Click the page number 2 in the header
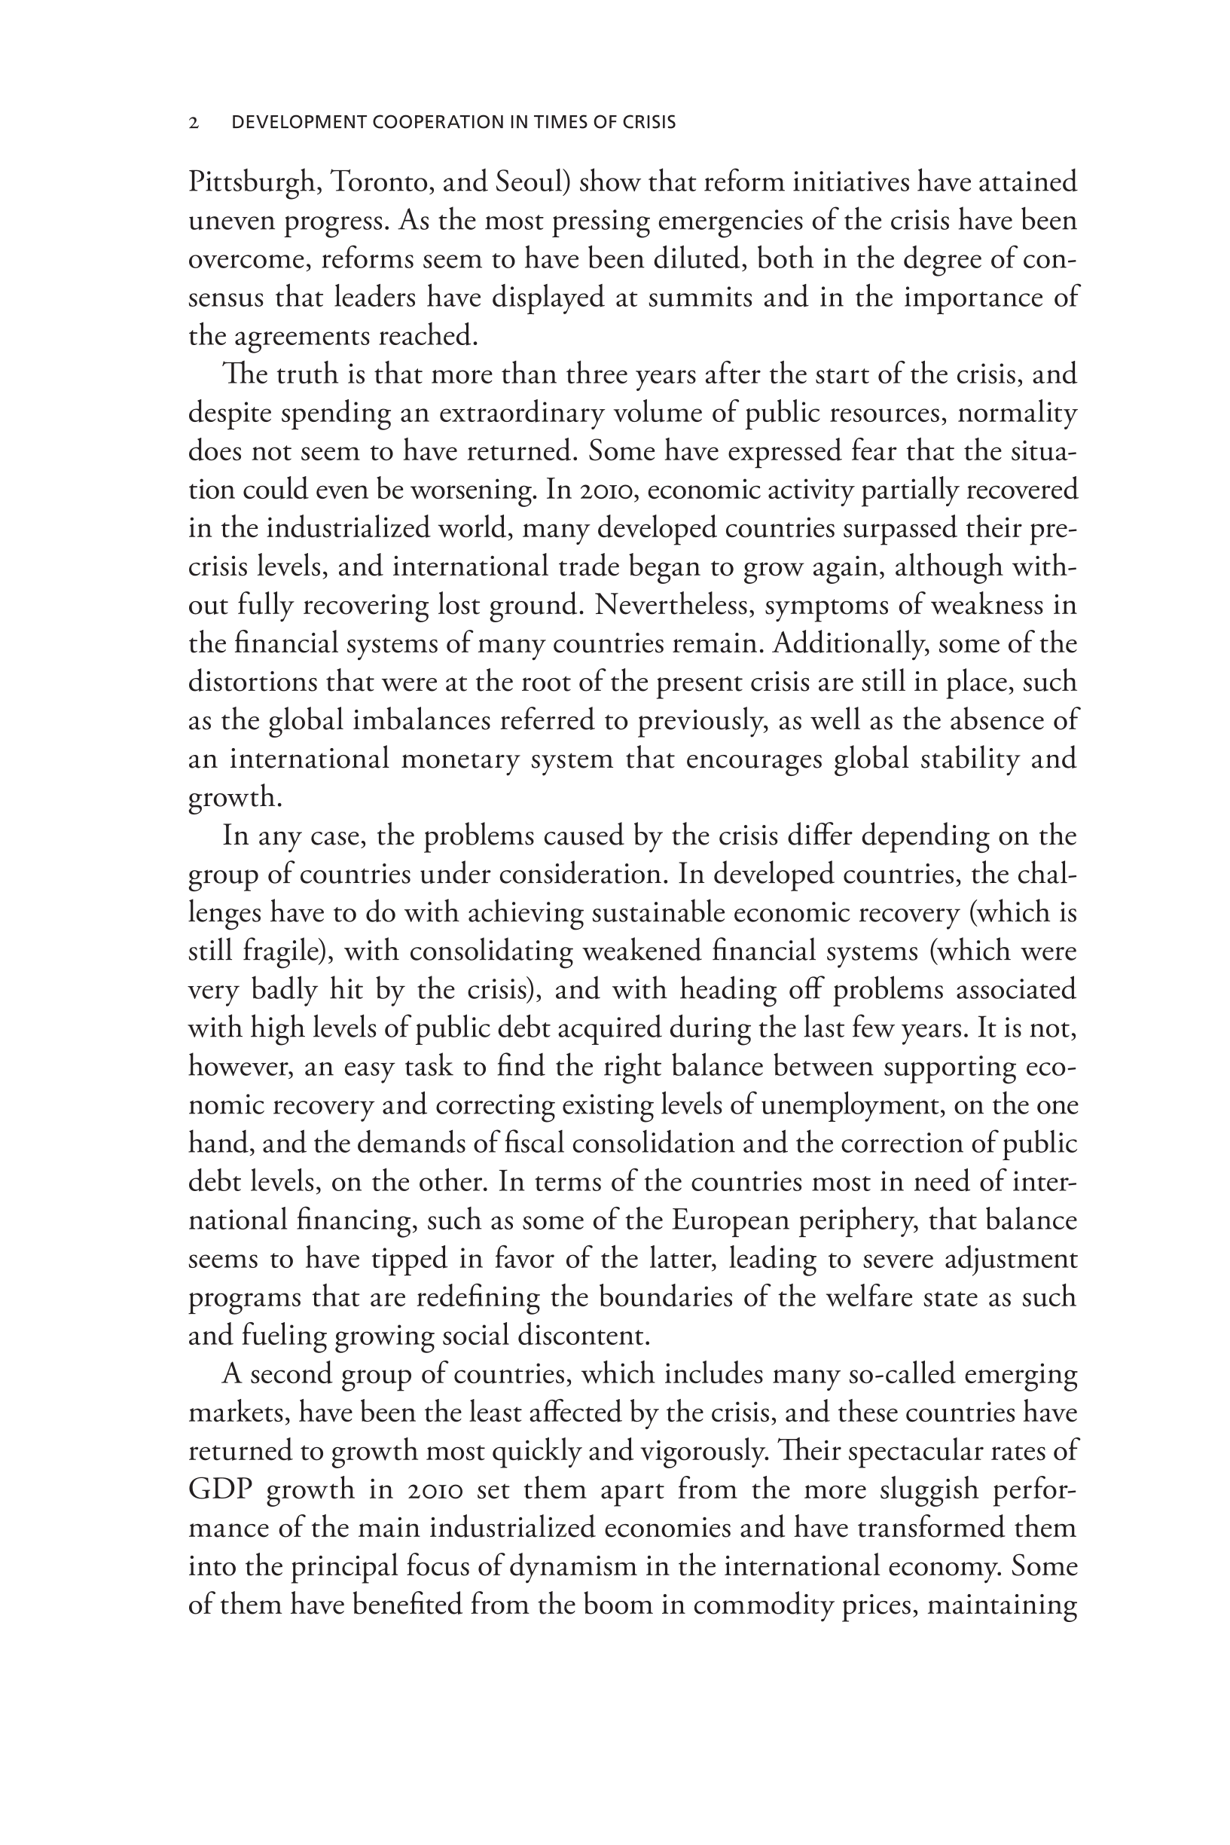click(194, 122)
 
